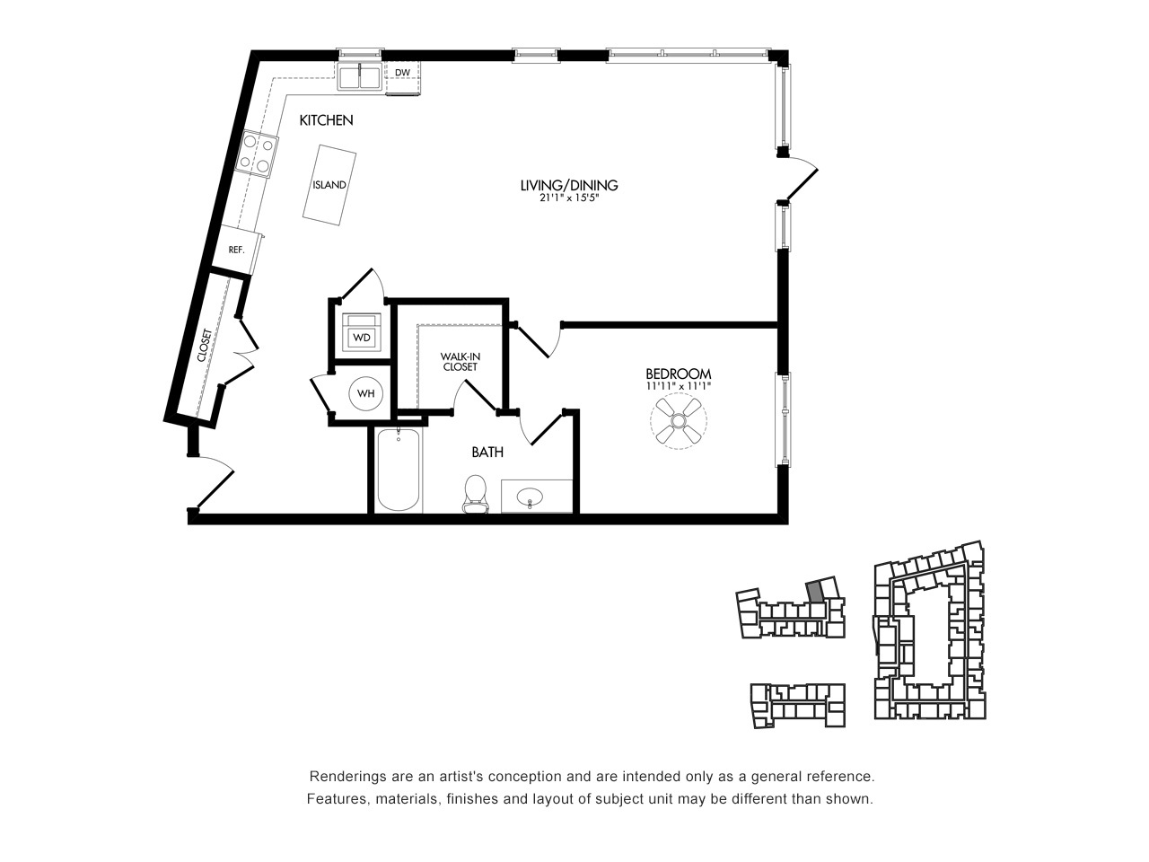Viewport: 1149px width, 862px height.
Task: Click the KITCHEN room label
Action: (x=326, y=120)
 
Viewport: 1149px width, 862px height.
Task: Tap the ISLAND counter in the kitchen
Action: (x=329, y=185)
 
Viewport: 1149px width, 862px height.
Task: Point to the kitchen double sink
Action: (x=360, y=77)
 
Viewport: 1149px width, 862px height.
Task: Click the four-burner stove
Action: (x=257, y=154)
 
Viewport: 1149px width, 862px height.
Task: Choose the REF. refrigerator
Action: (x=237, y=251)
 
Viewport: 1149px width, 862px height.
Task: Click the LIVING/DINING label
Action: (x=569, y=185)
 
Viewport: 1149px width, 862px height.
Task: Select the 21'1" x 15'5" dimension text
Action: (x=569, y=198)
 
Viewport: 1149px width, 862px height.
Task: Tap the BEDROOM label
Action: (x=679, y=374)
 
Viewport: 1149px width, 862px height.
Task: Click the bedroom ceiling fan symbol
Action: (x=679, y=420)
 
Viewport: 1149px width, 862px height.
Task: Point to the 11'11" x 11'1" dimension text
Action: (x=679, y=386)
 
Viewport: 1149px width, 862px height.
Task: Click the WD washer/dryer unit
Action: (x=361, y=333)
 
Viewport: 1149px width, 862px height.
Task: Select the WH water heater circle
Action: (x=366, y=393)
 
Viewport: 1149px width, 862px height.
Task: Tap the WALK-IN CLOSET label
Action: (x=460, y=362)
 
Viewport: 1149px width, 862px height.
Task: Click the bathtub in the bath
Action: (x=399, y=470)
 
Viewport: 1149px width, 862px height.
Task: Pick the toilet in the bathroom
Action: (x=475, y=494)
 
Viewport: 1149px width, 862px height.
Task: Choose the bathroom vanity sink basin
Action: (x=531, y=495)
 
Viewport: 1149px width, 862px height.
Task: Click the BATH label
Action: (x=487, y=453)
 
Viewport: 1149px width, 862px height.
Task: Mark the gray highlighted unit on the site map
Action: (x=814, y=592)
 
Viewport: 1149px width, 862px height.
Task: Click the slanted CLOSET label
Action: (x=205, y=345)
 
